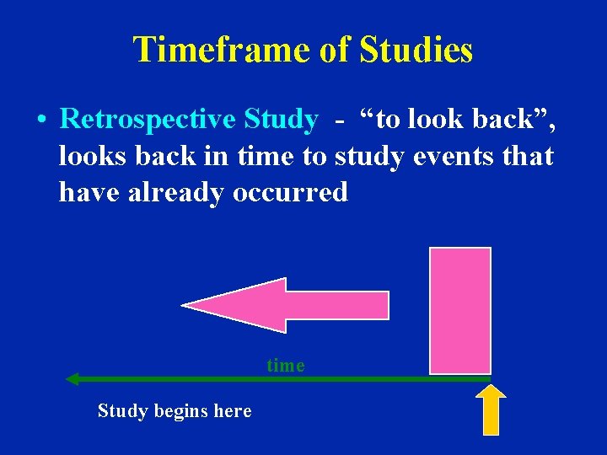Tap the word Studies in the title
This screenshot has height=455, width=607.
tap(416, 50)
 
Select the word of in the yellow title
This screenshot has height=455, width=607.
tap(334, 50)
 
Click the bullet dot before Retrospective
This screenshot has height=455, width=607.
tap(40, 120)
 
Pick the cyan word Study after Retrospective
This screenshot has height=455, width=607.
tap(281, 120)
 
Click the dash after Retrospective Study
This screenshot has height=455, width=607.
tap(339, 121)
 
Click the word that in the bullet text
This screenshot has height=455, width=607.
tap(529, 156)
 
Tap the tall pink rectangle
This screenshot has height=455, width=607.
tap(459, 310)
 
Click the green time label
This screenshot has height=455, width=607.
tap(286, 365)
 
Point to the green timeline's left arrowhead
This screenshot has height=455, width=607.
tap(73, 379)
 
